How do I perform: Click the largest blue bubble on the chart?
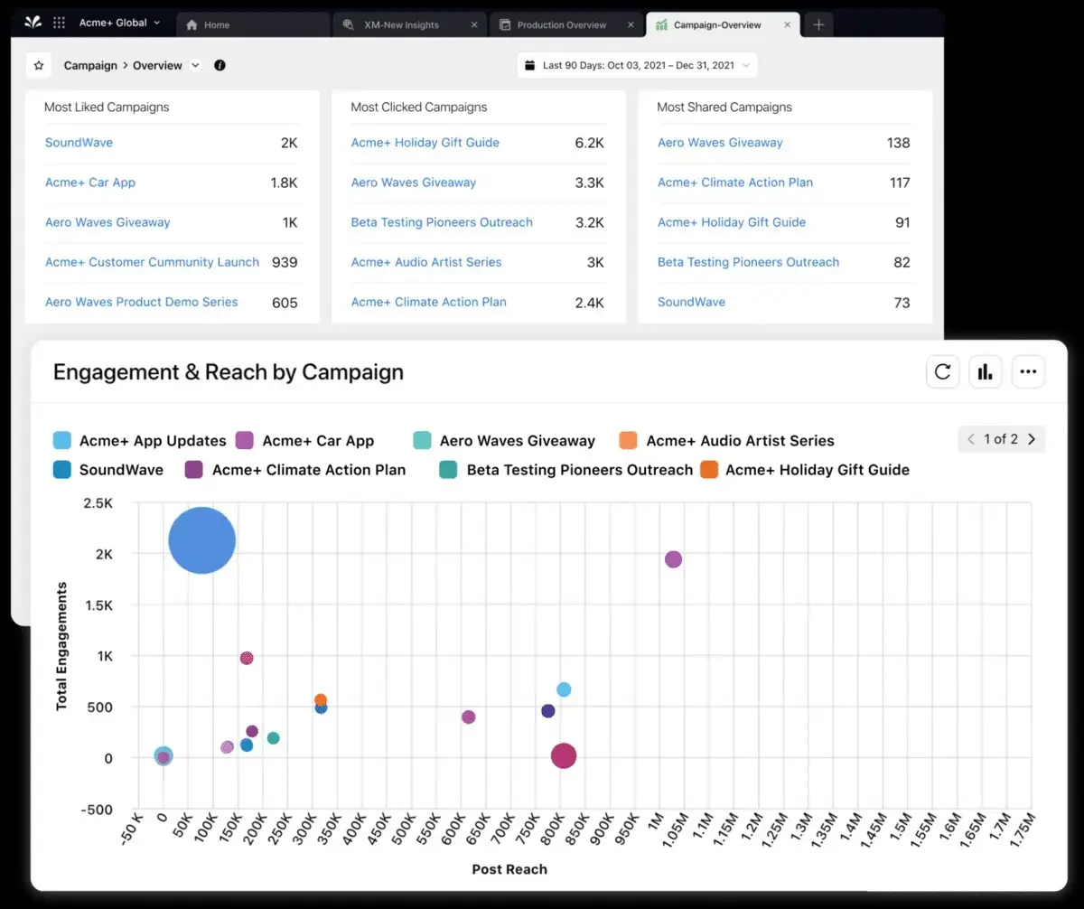(202, 540)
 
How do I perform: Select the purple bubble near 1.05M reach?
(673, 559)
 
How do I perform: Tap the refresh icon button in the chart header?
(942, 371)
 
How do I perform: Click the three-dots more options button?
(1028, 371)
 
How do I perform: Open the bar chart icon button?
(986, 371)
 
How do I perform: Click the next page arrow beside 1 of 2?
(1032, 439)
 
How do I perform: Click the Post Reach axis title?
(509, 869)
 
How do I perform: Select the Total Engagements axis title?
(62, 646)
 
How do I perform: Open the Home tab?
(216, 25)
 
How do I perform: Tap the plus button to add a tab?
(818, 25)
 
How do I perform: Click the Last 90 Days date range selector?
(638, 66)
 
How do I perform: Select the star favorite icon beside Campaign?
(39, 66)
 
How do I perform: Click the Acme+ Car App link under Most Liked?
(90, 183)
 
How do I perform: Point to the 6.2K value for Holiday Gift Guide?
(589, 143)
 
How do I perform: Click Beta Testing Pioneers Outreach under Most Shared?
(748, 262)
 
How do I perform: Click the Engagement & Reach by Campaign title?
(229, 372)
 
